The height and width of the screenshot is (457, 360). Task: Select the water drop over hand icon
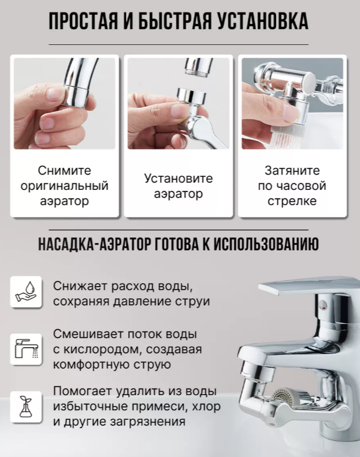pyautogui.click(x=26, y=292)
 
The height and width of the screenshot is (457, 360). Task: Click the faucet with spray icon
pyautogui.click(x=26, y=349)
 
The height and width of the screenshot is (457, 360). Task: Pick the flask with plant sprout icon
pyautogui.click(x=26, y=406)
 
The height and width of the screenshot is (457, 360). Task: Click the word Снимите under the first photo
pyautogui.click(x=64, y=170)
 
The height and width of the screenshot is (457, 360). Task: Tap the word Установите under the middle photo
pyautogui.click(x=178, y=178)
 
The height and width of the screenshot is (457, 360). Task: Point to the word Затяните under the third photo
pyautogui.click(x=292, y=170)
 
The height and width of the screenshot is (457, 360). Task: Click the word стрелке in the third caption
pyautogui.click(x=292, y=201)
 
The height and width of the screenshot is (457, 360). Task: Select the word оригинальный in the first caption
pyautogui.click(x=64, y=186)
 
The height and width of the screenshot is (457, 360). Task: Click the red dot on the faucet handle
pyautogui.click(x=324, y=305)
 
